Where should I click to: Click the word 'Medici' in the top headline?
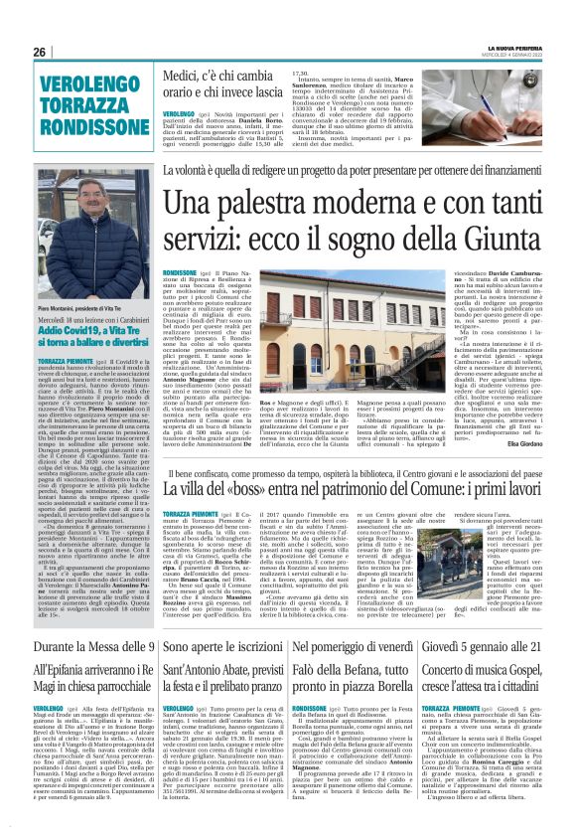pyautogui.click(x=183, y=74)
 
